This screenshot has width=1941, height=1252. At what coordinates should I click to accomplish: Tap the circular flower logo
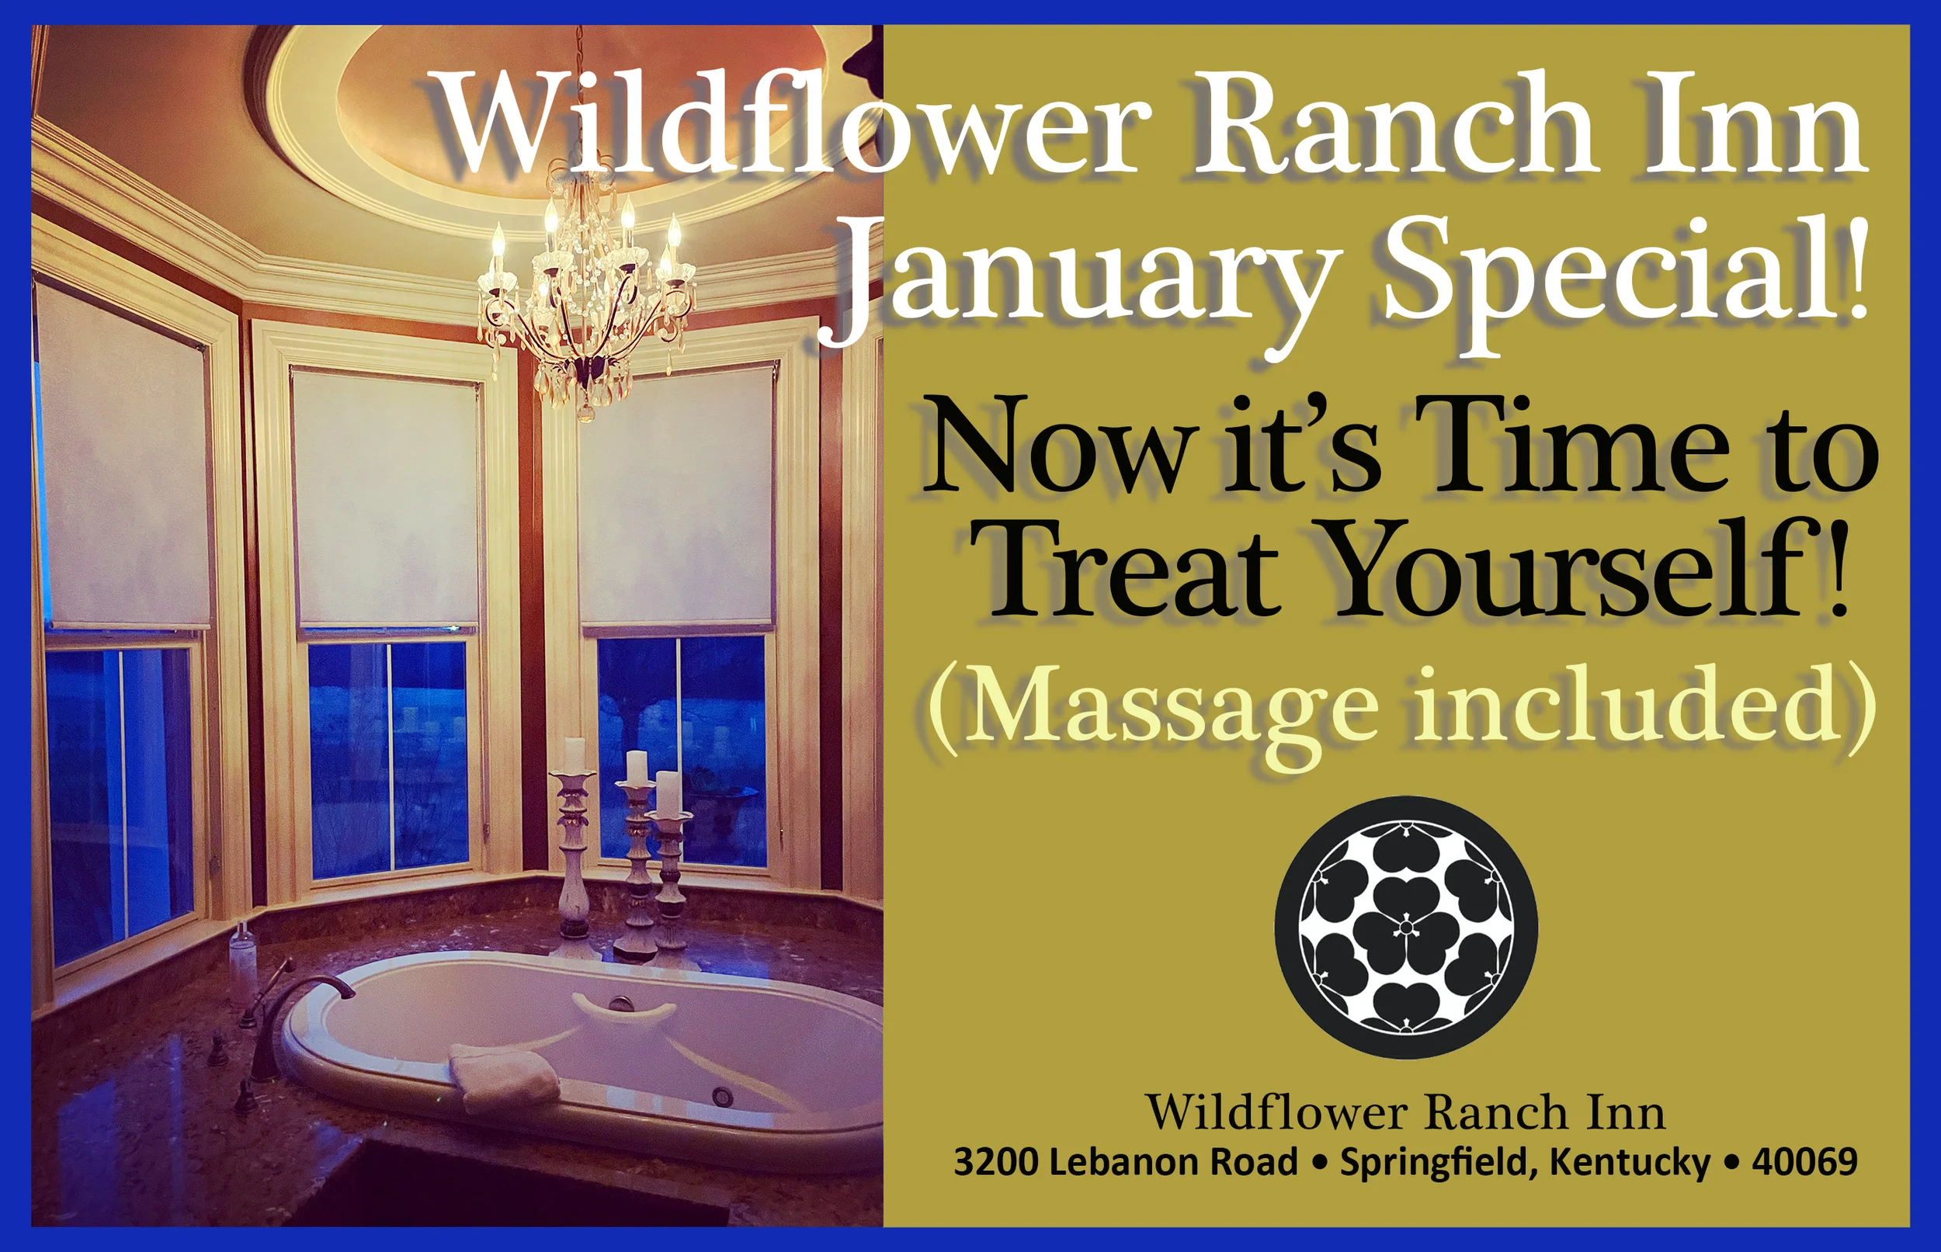coord(1406,926)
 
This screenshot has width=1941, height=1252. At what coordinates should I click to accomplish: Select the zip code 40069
coord(1804,1161)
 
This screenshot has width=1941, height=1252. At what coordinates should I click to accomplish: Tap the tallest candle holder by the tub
coord(574,838)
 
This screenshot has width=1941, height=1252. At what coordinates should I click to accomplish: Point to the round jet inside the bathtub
coord(722,1096)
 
